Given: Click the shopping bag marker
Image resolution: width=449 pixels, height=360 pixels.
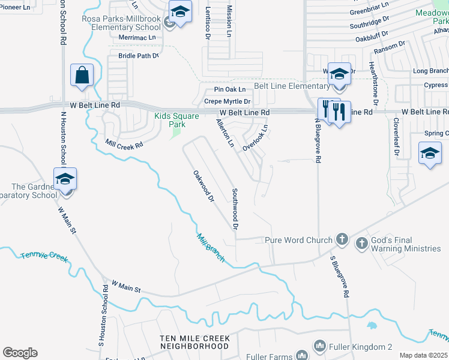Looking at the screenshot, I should [82, 76].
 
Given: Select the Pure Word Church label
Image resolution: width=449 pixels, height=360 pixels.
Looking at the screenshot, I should [298, 240].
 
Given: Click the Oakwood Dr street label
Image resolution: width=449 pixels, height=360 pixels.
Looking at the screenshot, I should [203, 186].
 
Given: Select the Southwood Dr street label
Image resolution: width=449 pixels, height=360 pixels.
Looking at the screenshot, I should [235, 209].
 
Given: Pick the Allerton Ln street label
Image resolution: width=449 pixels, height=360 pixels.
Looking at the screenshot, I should [225, 133].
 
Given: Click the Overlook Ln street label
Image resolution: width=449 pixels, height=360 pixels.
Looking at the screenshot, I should [255, 138].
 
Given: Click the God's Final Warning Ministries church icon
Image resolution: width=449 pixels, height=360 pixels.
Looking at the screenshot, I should [361, 243].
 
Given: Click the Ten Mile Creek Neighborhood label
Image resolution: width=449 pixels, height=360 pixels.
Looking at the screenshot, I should [194, 343].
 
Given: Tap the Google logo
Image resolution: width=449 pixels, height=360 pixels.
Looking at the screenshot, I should [20, 353].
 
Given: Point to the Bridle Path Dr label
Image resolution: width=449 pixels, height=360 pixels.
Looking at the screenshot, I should [138, 55].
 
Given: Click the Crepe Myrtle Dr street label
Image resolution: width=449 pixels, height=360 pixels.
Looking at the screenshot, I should [227, 101].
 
